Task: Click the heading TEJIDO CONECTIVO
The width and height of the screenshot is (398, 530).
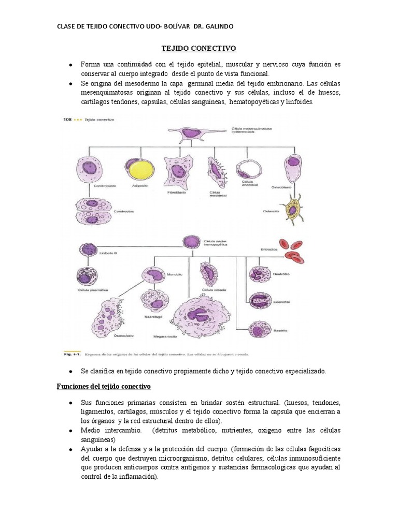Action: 198,48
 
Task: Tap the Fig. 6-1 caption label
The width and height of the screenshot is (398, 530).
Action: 71,355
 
